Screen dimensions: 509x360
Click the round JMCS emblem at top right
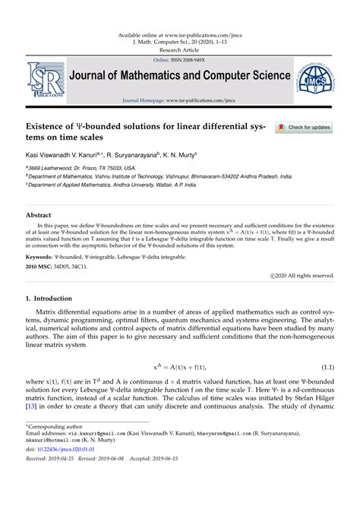click(323, 76)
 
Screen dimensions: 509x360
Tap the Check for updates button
click(303, 128)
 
